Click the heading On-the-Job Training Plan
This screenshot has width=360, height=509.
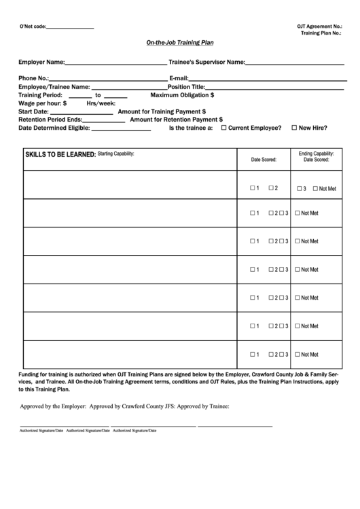[x=180, y=42]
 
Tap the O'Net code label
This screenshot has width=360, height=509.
[x=33, y=27]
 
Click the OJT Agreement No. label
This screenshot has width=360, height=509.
[x=319, y=26]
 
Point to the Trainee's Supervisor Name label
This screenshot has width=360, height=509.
[x=206, y=62]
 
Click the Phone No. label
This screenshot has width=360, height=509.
[x=33, y=78]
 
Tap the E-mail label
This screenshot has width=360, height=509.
[x=179, y=78]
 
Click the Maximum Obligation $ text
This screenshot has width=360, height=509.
[x=182, y=95]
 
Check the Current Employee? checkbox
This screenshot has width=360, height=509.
[x=224, y=127]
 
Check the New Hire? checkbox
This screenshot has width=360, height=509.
[x=294, y=127]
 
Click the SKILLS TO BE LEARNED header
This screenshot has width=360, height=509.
[x=60, y=155]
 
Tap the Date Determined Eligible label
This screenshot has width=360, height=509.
[x=54, y=127]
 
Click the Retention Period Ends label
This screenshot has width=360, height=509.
[x=50, y=119]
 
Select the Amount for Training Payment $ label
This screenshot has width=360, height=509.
[x=162, y=111]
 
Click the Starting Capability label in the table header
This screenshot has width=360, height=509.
[x=116, y=154]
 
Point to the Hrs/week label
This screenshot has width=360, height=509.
[x=101, y=103]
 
